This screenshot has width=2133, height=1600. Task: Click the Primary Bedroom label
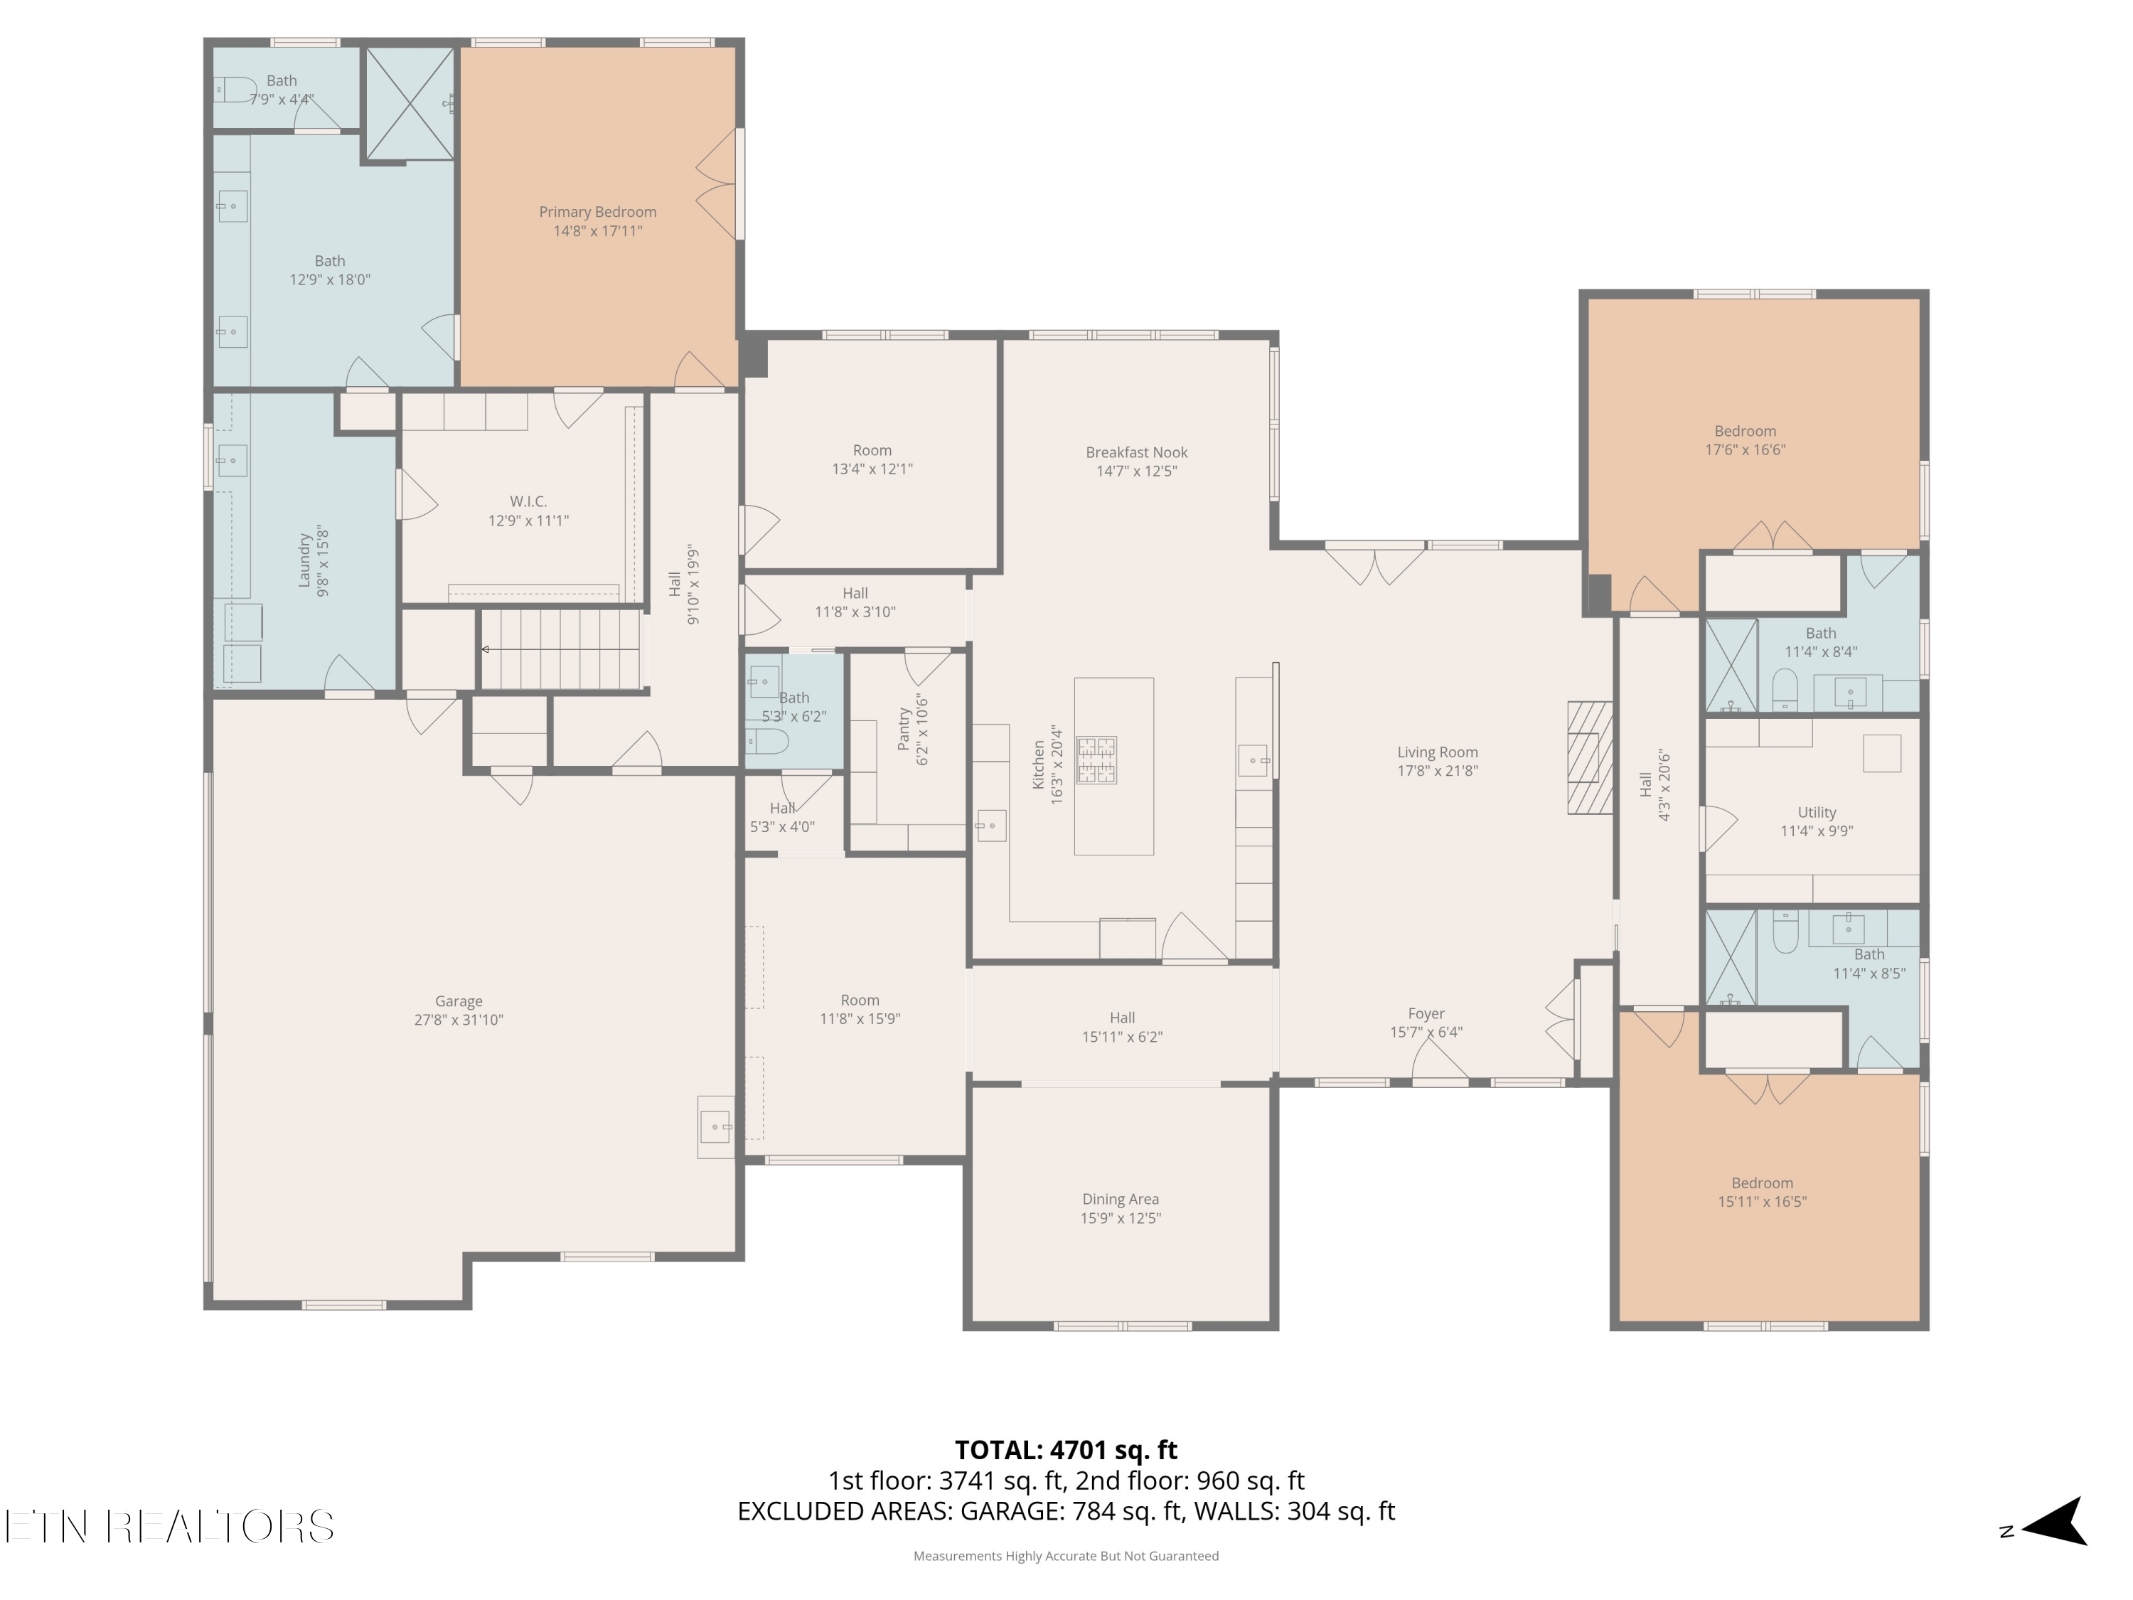(x=597, y=212)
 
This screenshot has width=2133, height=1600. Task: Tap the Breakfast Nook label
(x=1136, y=452)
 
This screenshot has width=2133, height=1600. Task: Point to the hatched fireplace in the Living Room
(x=1590, y=757)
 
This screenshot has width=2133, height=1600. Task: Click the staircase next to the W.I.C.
(x=560, y=649)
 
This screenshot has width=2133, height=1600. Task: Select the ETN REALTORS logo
(x=170, y=1527)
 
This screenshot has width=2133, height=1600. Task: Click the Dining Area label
(x=1121, y=1199)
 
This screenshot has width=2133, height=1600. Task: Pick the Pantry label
(x=904, y=729)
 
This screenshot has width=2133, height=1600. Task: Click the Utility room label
(x=1817, y=812)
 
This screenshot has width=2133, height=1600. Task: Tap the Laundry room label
(x=305, y=560)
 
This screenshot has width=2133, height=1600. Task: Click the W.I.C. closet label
(x=528, y=501)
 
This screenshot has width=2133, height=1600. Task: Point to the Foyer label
(x=1426, y=1013)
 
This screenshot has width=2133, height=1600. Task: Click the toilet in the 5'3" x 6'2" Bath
(x=769, y=741)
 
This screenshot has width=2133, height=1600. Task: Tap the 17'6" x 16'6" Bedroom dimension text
(x=1746, y=449)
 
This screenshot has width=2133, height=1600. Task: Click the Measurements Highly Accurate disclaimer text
(x=1066, y=1556)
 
